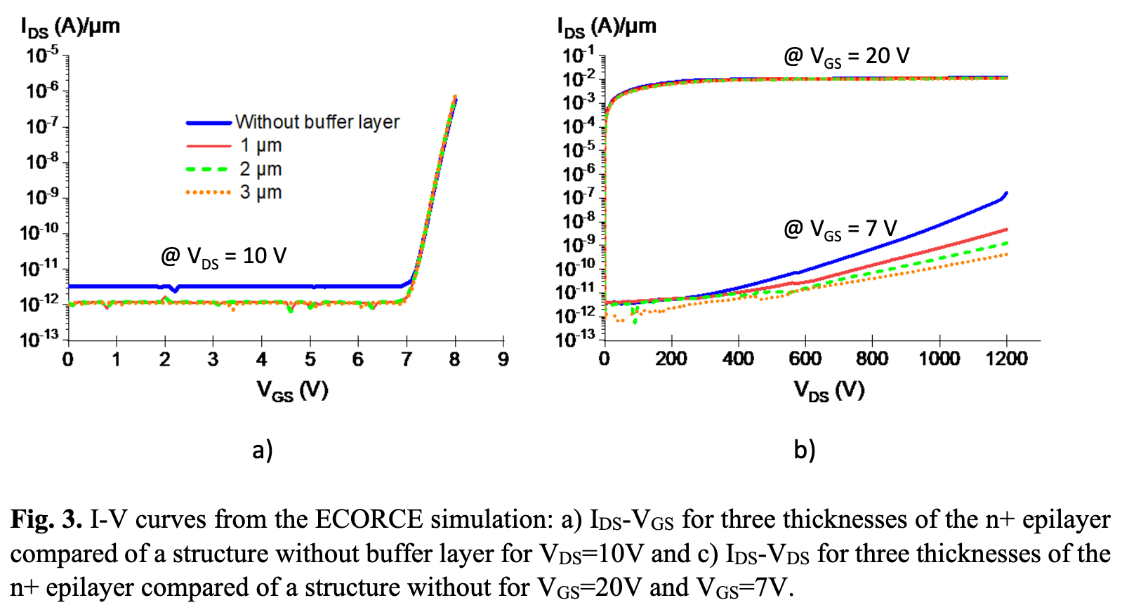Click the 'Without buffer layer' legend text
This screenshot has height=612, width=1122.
[317, 122]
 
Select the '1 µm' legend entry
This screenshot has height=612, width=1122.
[260, 145]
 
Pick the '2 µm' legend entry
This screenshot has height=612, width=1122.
[260, 169]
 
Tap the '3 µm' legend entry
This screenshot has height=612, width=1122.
[260, 192]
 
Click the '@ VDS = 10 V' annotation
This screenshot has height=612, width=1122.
[223, 256]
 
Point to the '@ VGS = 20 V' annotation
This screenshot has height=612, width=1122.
[846, 56]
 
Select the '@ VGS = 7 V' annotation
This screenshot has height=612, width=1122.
[840, 229]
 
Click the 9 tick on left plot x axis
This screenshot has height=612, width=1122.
[503, 359]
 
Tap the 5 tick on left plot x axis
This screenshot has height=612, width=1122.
[310, 359]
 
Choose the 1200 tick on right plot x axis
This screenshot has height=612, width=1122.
[1006, 359]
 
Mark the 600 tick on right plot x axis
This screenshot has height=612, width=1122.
[805, 359]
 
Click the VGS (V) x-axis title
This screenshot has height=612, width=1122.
[292, 391]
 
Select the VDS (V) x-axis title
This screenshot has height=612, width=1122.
[829, 391]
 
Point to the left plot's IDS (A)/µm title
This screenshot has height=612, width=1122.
[70, 27]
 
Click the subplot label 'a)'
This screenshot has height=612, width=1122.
[263, 449]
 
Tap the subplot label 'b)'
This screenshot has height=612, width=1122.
[805, 449]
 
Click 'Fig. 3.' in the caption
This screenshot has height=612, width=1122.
[46, 519]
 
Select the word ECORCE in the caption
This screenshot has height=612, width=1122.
[369, 519]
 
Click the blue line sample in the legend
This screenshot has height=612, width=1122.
[209, 123]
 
